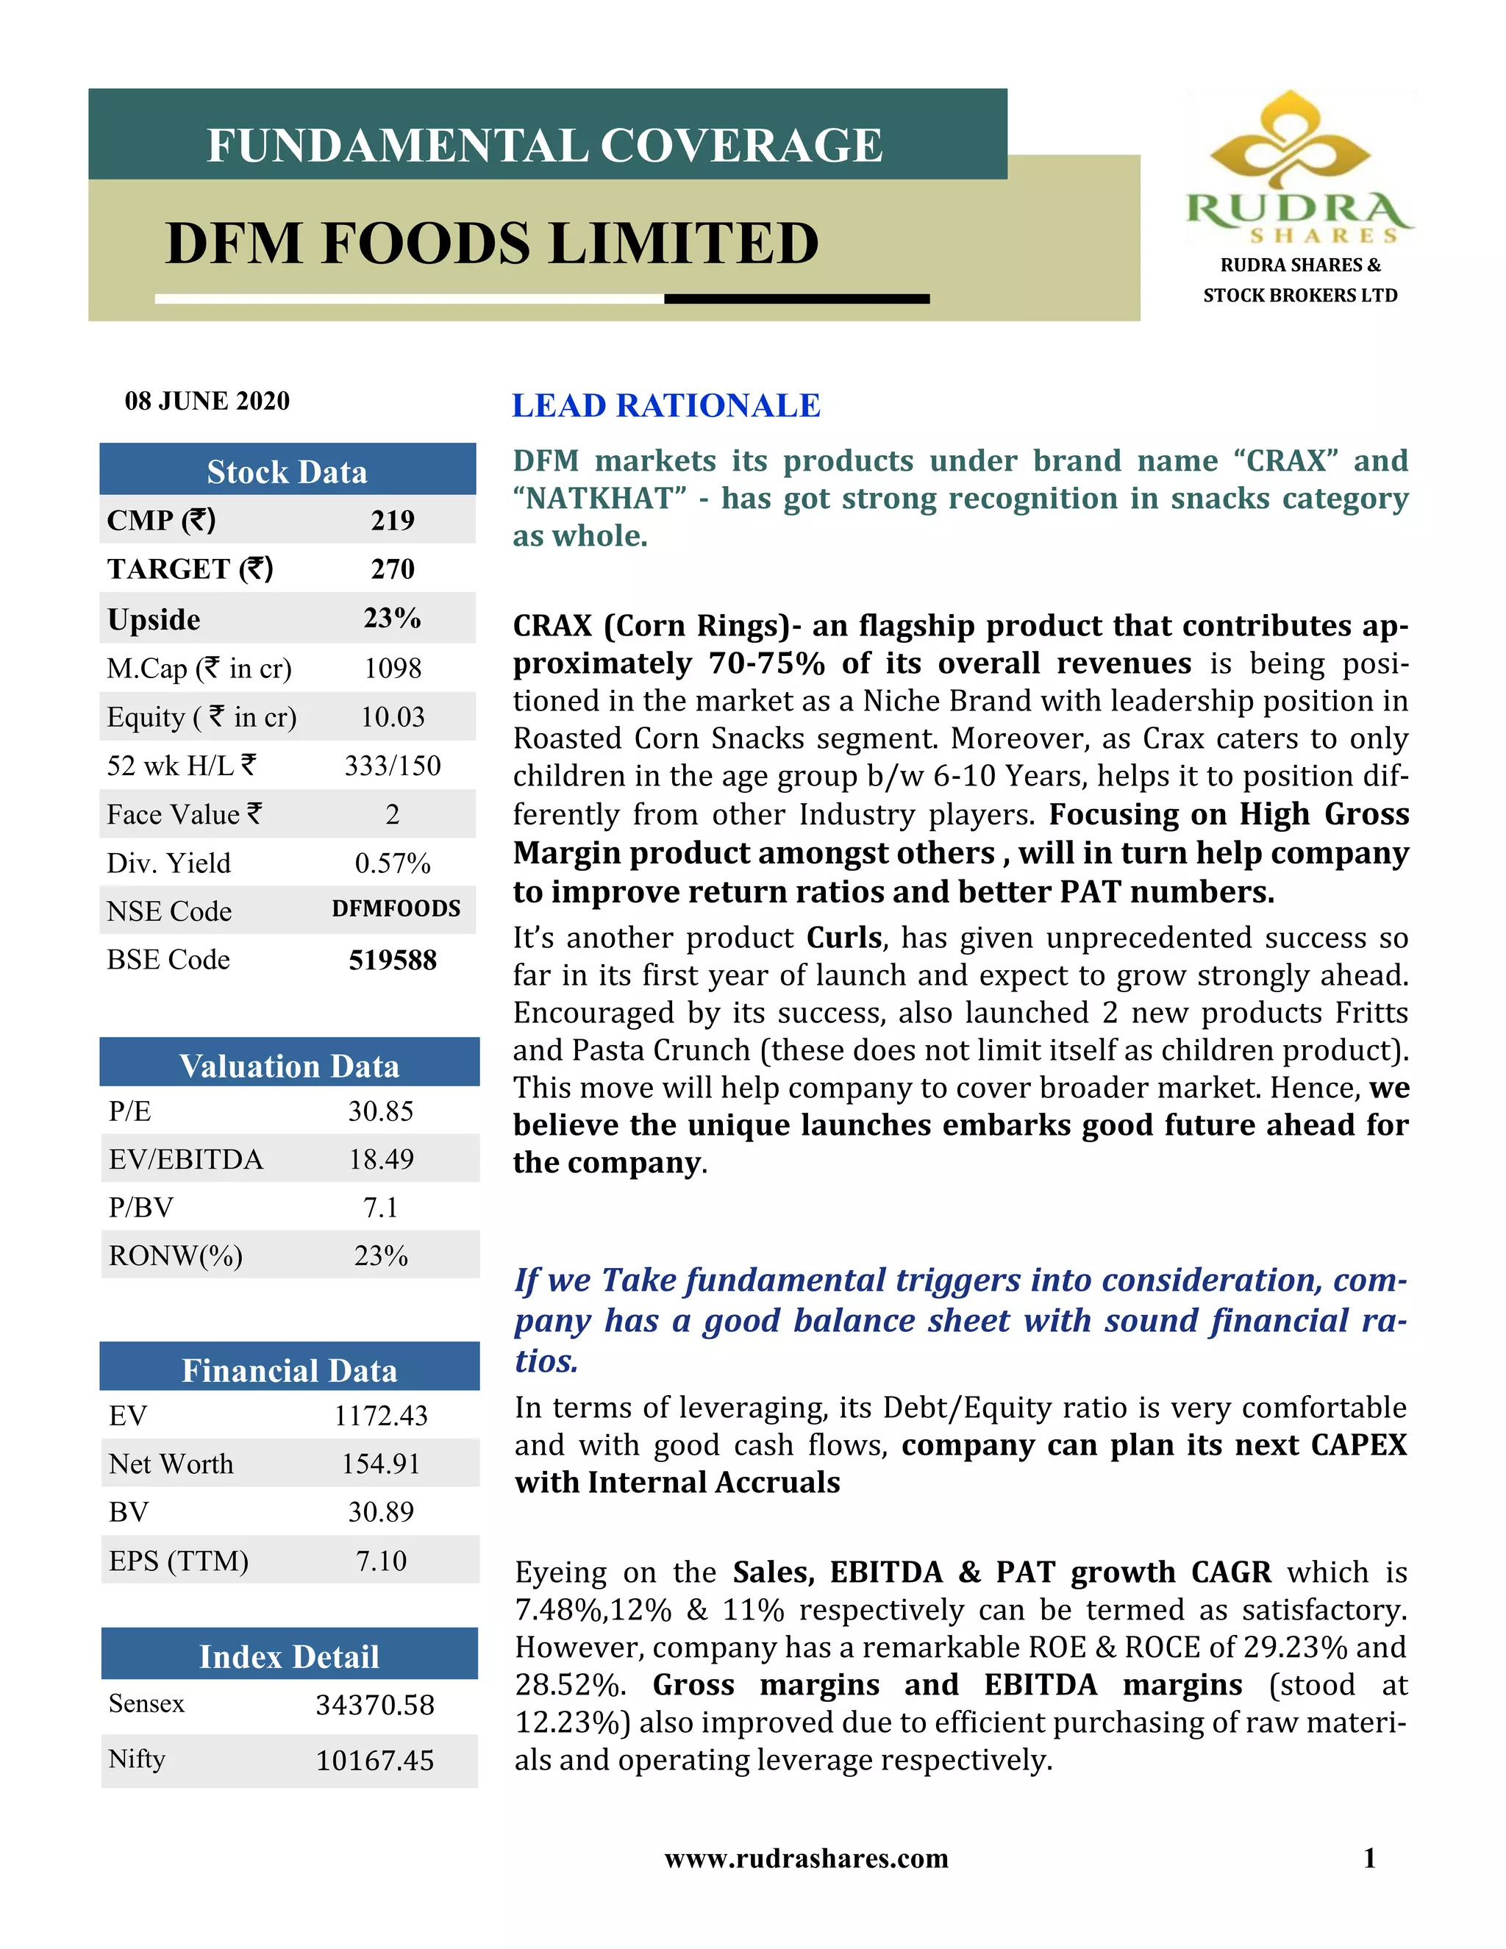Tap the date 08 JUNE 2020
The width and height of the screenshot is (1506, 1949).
(x=207, y=401)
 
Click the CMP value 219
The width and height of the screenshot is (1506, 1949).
(x=393, y=519)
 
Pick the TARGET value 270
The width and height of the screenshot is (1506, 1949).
(x=393, y=569)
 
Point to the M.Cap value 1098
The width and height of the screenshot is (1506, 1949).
(x=393, y=668)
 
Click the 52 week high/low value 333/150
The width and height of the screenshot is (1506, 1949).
(x=393, y=765)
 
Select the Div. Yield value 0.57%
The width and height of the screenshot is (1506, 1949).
(x=393, y=862)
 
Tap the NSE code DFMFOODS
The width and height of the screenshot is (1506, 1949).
(x=396, y=908)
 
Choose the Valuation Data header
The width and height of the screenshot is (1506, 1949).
(x=289, y=1066)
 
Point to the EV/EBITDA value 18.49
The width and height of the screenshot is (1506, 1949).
(x=381, y=1158)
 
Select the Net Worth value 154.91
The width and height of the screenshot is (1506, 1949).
(x=381, y=1464)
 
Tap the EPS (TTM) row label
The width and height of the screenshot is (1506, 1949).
(x=179, y=1560)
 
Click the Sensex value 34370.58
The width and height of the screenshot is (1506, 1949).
(x=375, y=1705)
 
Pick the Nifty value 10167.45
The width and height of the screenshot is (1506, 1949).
(x=375, y=1760)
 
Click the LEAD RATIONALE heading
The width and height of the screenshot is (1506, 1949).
(x=665, y=405)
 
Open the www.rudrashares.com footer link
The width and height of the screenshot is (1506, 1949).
(x=807, y=1858)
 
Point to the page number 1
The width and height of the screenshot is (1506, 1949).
(x=1369, y=1858)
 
